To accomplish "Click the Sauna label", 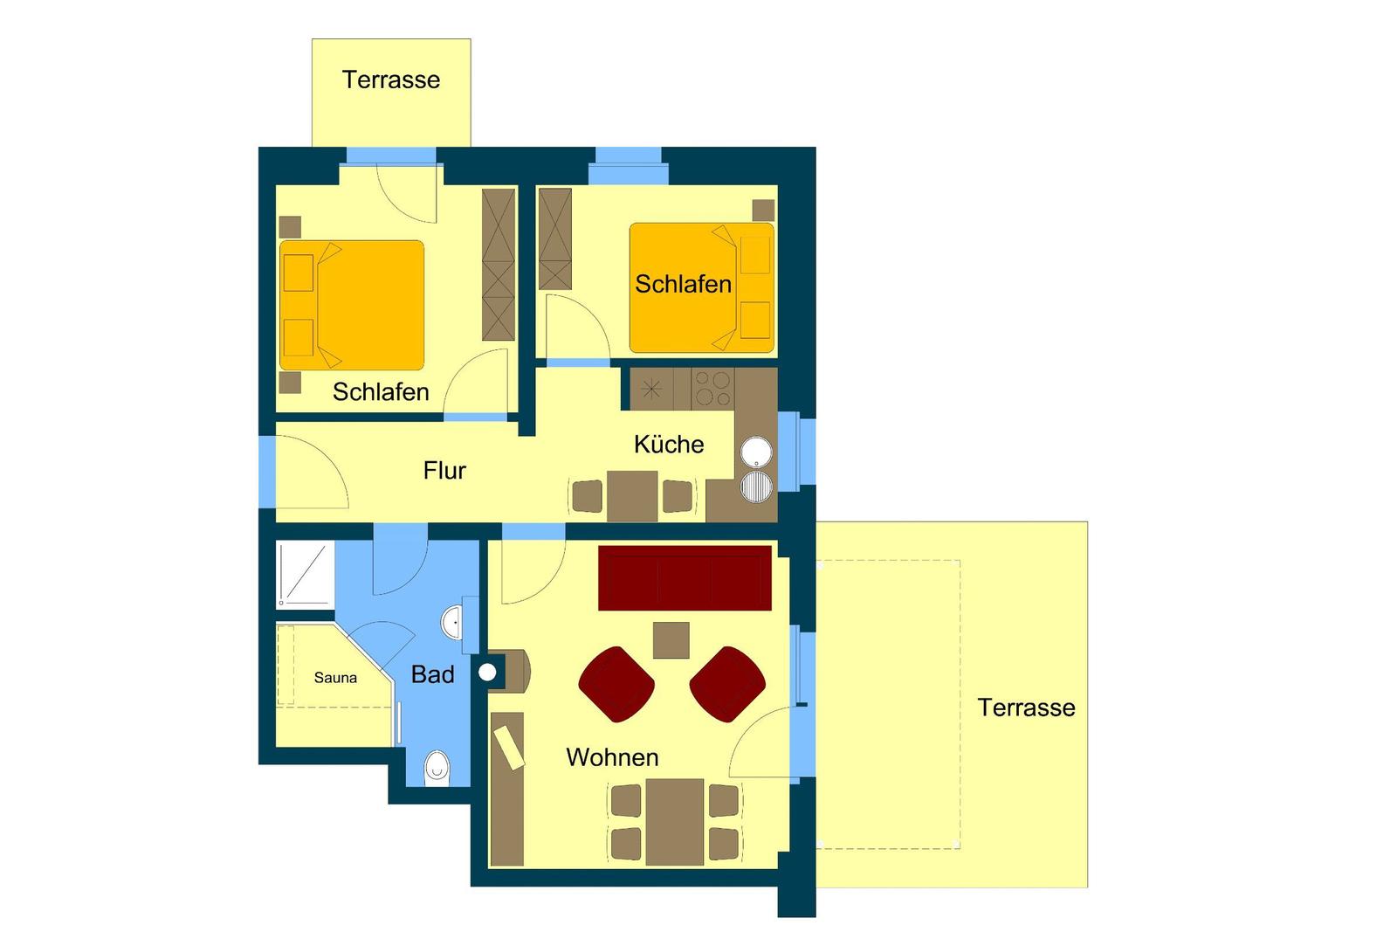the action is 335,678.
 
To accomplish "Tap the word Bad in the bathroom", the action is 433,674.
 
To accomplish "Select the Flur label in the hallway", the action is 444,470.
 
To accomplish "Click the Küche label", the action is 669,445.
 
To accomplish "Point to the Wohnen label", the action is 612,757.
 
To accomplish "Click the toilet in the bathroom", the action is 437,769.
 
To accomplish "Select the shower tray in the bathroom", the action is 305,575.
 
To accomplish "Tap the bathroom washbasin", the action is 452,622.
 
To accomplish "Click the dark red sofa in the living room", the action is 685,578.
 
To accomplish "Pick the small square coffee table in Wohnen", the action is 671,640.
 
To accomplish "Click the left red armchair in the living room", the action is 616,684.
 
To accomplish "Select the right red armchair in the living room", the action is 727,684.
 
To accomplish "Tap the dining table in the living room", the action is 675,822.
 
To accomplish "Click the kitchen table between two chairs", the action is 632,496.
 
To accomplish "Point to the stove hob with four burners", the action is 712,389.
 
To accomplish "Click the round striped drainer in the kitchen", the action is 756,487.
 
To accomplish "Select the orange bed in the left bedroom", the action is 352,305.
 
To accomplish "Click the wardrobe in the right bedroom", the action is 555,239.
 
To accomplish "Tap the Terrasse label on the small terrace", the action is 391,79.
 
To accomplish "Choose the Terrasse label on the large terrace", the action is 1026,708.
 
